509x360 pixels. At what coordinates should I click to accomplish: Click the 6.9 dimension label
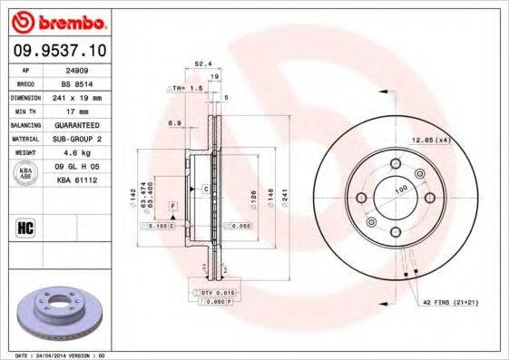point(172,122)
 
